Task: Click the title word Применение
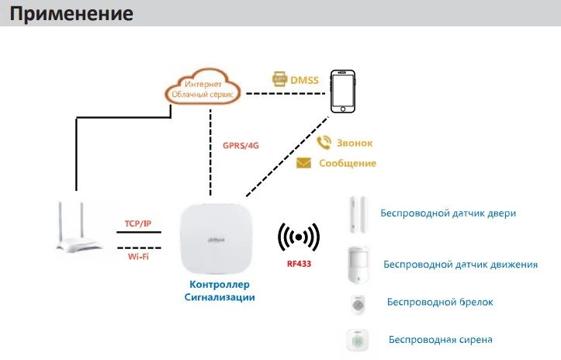(71, 14)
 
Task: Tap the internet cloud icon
(203, 87)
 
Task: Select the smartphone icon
(343, 92)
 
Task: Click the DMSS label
(304, 80)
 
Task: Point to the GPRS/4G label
(241, 146)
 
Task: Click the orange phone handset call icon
(324, 143)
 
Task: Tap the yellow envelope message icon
(303, 163)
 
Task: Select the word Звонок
(355, 143)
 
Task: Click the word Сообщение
(348, 163)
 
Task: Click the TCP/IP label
(138, 223)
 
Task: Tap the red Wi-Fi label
(138, 257)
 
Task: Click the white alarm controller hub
(216, 239)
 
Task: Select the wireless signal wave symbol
(299, 237)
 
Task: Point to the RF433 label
(299, 264)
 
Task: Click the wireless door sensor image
(358, 214)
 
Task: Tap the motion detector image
(358, 265)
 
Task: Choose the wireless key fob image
(358, 305)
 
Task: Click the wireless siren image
(358, 341)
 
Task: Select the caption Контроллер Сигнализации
(220, 291)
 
